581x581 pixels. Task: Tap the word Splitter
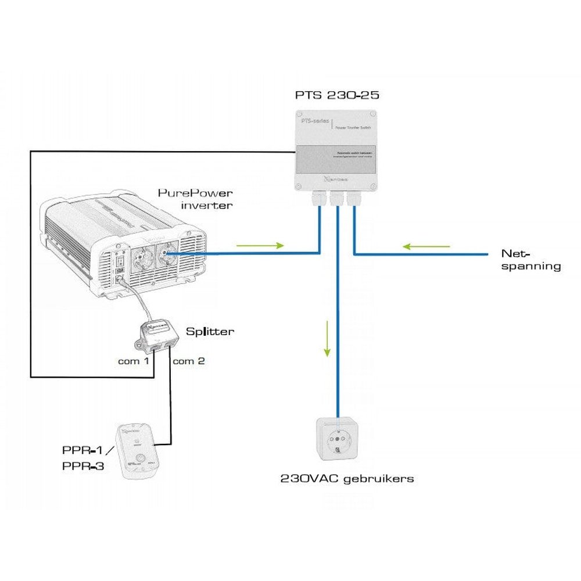(210, 332)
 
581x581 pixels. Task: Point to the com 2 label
(188, 361)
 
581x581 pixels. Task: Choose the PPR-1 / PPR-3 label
(84, 458)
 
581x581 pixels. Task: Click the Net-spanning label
(531, 260)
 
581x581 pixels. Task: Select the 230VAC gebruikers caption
(347, 479)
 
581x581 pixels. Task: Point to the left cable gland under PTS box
(319, 200)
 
